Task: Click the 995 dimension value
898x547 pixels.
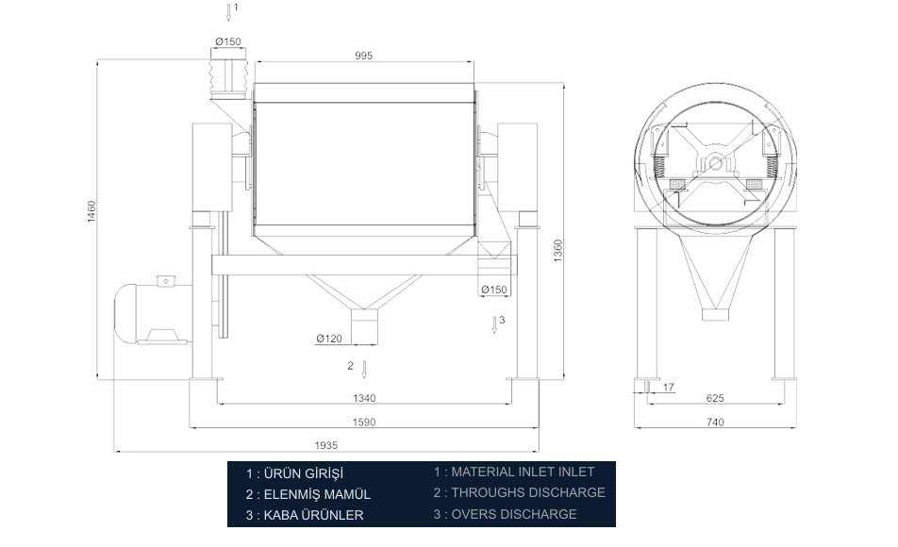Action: tap(364, 56)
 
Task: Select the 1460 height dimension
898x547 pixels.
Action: tap(91, 211)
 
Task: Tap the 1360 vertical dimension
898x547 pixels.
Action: tap(557, 250)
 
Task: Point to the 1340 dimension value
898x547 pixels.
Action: tap(364, 398)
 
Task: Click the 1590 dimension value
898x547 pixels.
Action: tap(364, 423)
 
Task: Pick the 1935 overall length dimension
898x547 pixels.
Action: tap(325, 445)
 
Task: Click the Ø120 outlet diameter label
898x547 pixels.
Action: tap(329, 339)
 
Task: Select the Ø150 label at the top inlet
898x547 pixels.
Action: tap(228, 41)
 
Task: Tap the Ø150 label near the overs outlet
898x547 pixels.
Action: tap(493, 290)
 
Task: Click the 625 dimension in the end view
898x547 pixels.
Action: tap(715, 398)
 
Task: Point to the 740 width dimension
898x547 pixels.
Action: tap(715, 423)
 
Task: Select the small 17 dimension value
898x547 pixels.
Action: tap(669, 388)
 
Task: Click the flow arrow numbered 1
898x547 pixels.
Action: tap(228, 12)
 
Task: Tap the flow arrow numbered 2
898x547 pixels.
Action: tap(364, 370)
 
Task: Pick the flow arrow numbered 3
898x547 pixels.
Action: tap(494, 324)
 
